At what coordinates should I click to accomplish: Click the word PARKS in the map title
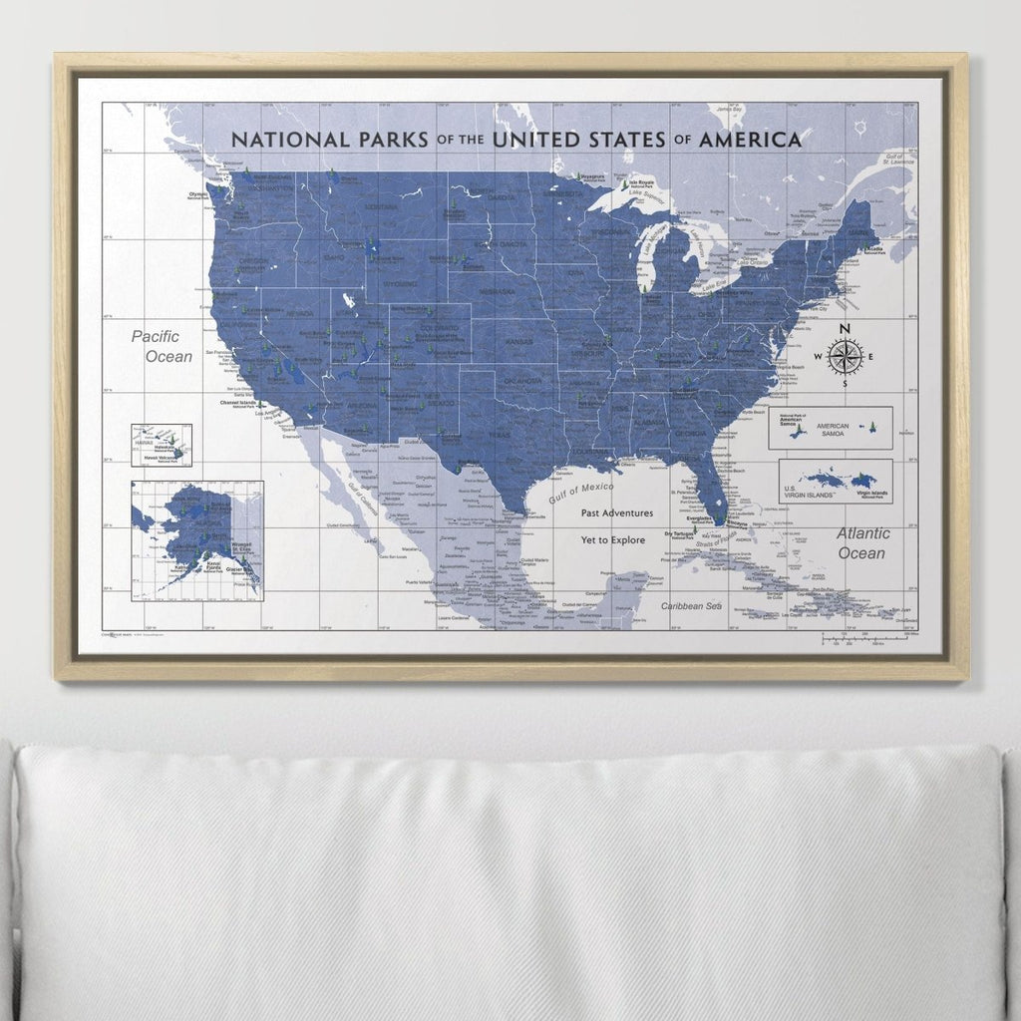click(x=391, y=139)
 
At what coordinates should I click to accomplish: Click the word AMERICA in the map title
click(x=750, y=140)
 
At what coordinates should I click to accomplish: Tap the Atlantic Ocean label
click(x=862, y=542)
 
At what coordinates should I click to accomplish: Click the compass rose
click(x=845, y=357)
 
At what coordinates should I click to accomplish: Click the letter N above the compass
click(x=845, y=329)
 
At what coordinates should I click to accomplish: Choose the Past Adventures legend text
click(x=617, y=512)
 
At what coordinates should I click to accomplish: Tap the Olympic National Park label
click(x=198, y=196)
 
